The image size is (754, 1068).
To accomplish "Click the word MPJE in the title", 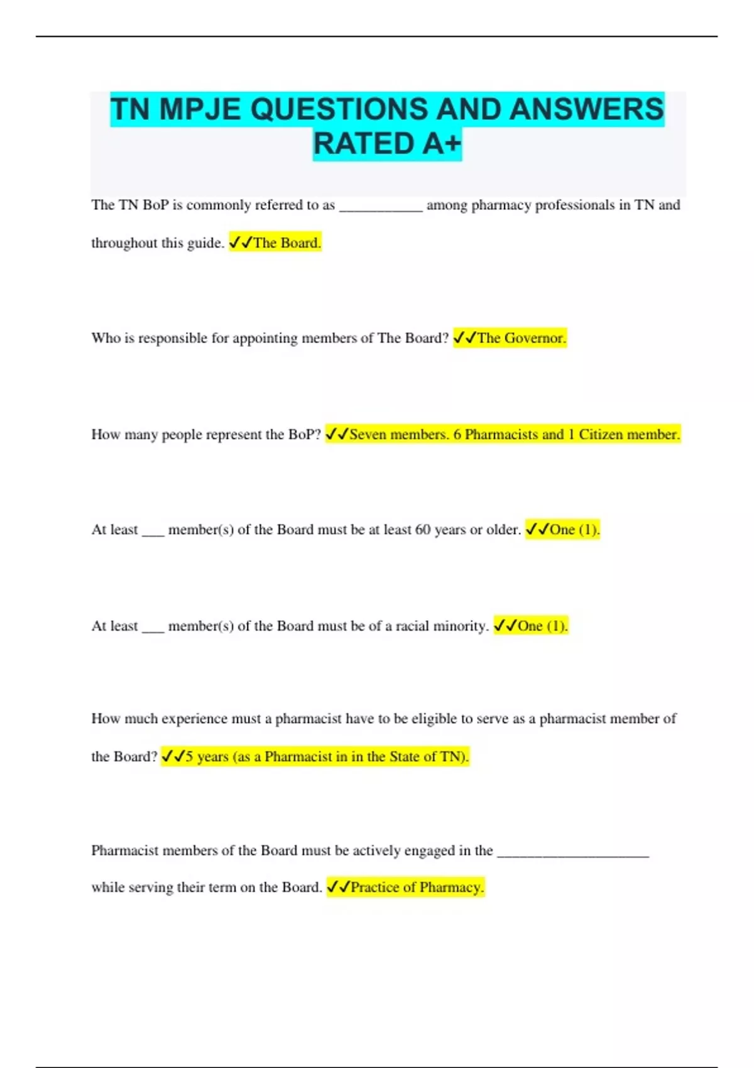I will pos(199,109).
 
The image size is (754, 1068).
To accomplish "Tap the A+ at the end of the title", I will pos(441,144).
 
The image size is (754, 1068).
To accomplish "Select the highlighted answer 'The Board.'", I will pos(287,243).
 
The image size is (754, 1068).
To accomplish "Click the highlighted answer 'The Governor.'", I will pos(521,338).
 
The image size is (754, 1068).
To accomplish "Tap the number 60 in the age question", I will pos(423,530).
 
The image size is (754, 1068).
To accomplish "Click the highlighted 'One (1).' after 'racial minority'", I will pos(542,626).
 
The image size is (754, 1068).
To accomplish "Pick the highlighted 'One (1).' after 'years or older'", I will pos(574,530).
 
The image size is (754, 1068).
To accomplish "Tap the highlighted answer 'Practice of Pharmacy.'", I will pos(417,887).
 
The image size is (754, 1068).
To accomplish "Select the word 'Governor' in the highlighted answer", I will pos(533,338).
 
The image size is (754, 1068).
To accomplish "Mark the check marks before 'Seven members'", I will pos(337,435).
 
